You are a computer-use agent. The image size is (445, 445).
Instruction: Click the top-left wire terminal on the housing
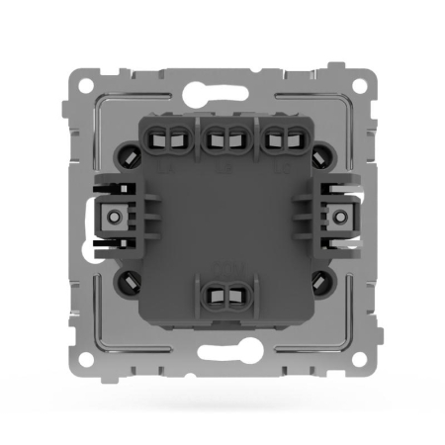[x=161, y=138]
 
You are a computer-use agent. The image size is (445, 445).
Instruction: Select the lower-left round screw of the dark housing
[x=129, y=280]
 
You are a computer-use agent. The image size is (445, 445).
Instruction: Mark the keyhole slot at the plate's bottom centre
[x=222, y=347]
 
